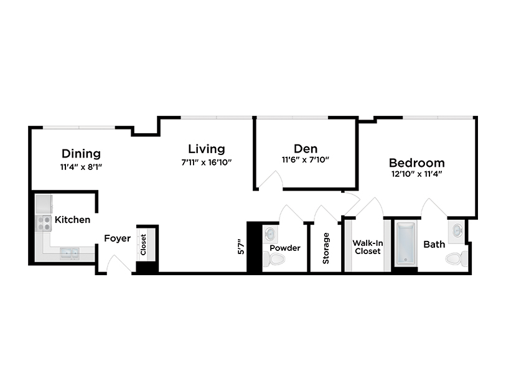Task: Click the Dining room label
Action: (81, 154)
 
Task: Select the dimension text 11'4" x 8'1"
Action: (81, 167)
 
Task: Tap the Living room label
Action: (207, 149)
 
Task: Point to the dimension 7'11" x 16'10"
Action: (207, 163)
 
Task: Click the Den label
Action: (306, 149)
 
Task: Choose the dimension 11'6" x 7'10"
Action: (306, 160)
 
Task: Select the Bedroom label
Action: (418, 163)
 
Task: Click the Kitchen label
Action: (72, 220)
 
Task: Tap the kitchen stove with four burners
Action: (44, 224)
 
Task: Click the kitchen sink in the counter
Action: (68, 253)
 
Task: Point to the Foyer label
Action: (117, 238)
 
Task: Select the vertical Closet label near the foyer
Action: (143, 244)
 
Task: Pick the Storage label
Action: (326, 248)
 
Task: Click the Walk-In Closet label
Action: (367, 247)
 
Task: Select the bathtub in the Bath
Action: (405, 245)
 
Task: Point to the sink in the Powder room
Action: (270, 234)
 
